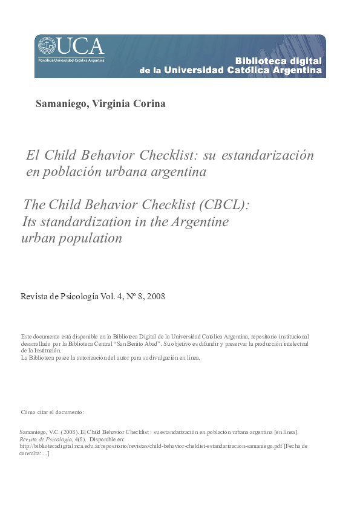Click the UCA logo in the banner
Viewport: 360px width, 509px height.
(71, 47)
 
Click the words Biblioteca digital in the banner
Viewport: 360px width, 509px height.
(278, 61)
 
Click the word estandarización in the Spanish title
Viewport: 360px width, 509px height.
(268, 155)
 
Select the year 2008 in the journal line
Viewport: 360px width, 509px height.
(155, 297)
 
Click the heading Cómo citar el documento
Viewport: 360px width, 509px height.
(52, 412)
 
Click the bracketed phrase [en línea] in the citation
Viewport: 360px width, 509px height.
(286, 432)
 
